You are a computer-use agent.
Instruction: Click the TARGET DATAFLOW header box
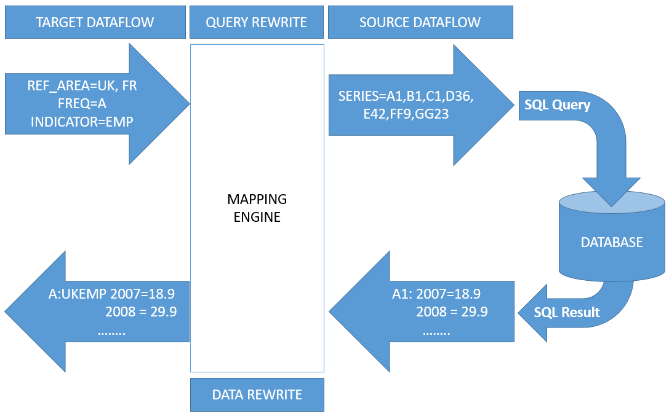click(95, 23)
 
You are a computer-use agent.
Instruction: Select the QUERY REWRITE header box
click(257, 23)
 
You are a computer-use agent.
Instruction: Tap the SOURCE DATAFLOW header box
click(420, 23)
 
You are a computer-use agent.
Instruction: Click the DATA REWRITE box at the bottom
click(257, 394)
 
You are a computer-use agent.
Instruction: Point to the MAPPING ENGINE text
click(257, 208)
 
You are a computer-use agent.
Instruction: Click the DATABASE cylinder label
click(611, 242)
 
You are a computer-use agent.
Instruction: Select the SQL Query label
click(557, 105)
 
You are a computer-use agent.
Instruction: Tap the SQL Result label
click(566, 312)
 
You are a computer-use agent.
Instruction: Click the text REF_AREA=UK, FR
click(82, 86)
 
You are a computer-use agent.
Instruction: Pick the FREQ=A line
click(82, 104)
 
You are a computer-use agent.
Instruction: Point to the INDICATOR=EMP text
click(82, 122)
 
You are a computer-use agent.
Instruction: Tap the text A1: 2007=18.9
click(436, 294)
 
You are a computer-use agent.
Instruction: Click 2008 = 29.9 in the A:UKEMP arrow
click(141, 312)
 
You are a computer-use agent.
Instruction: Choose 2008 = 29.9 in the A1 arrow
click(452, 312)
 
